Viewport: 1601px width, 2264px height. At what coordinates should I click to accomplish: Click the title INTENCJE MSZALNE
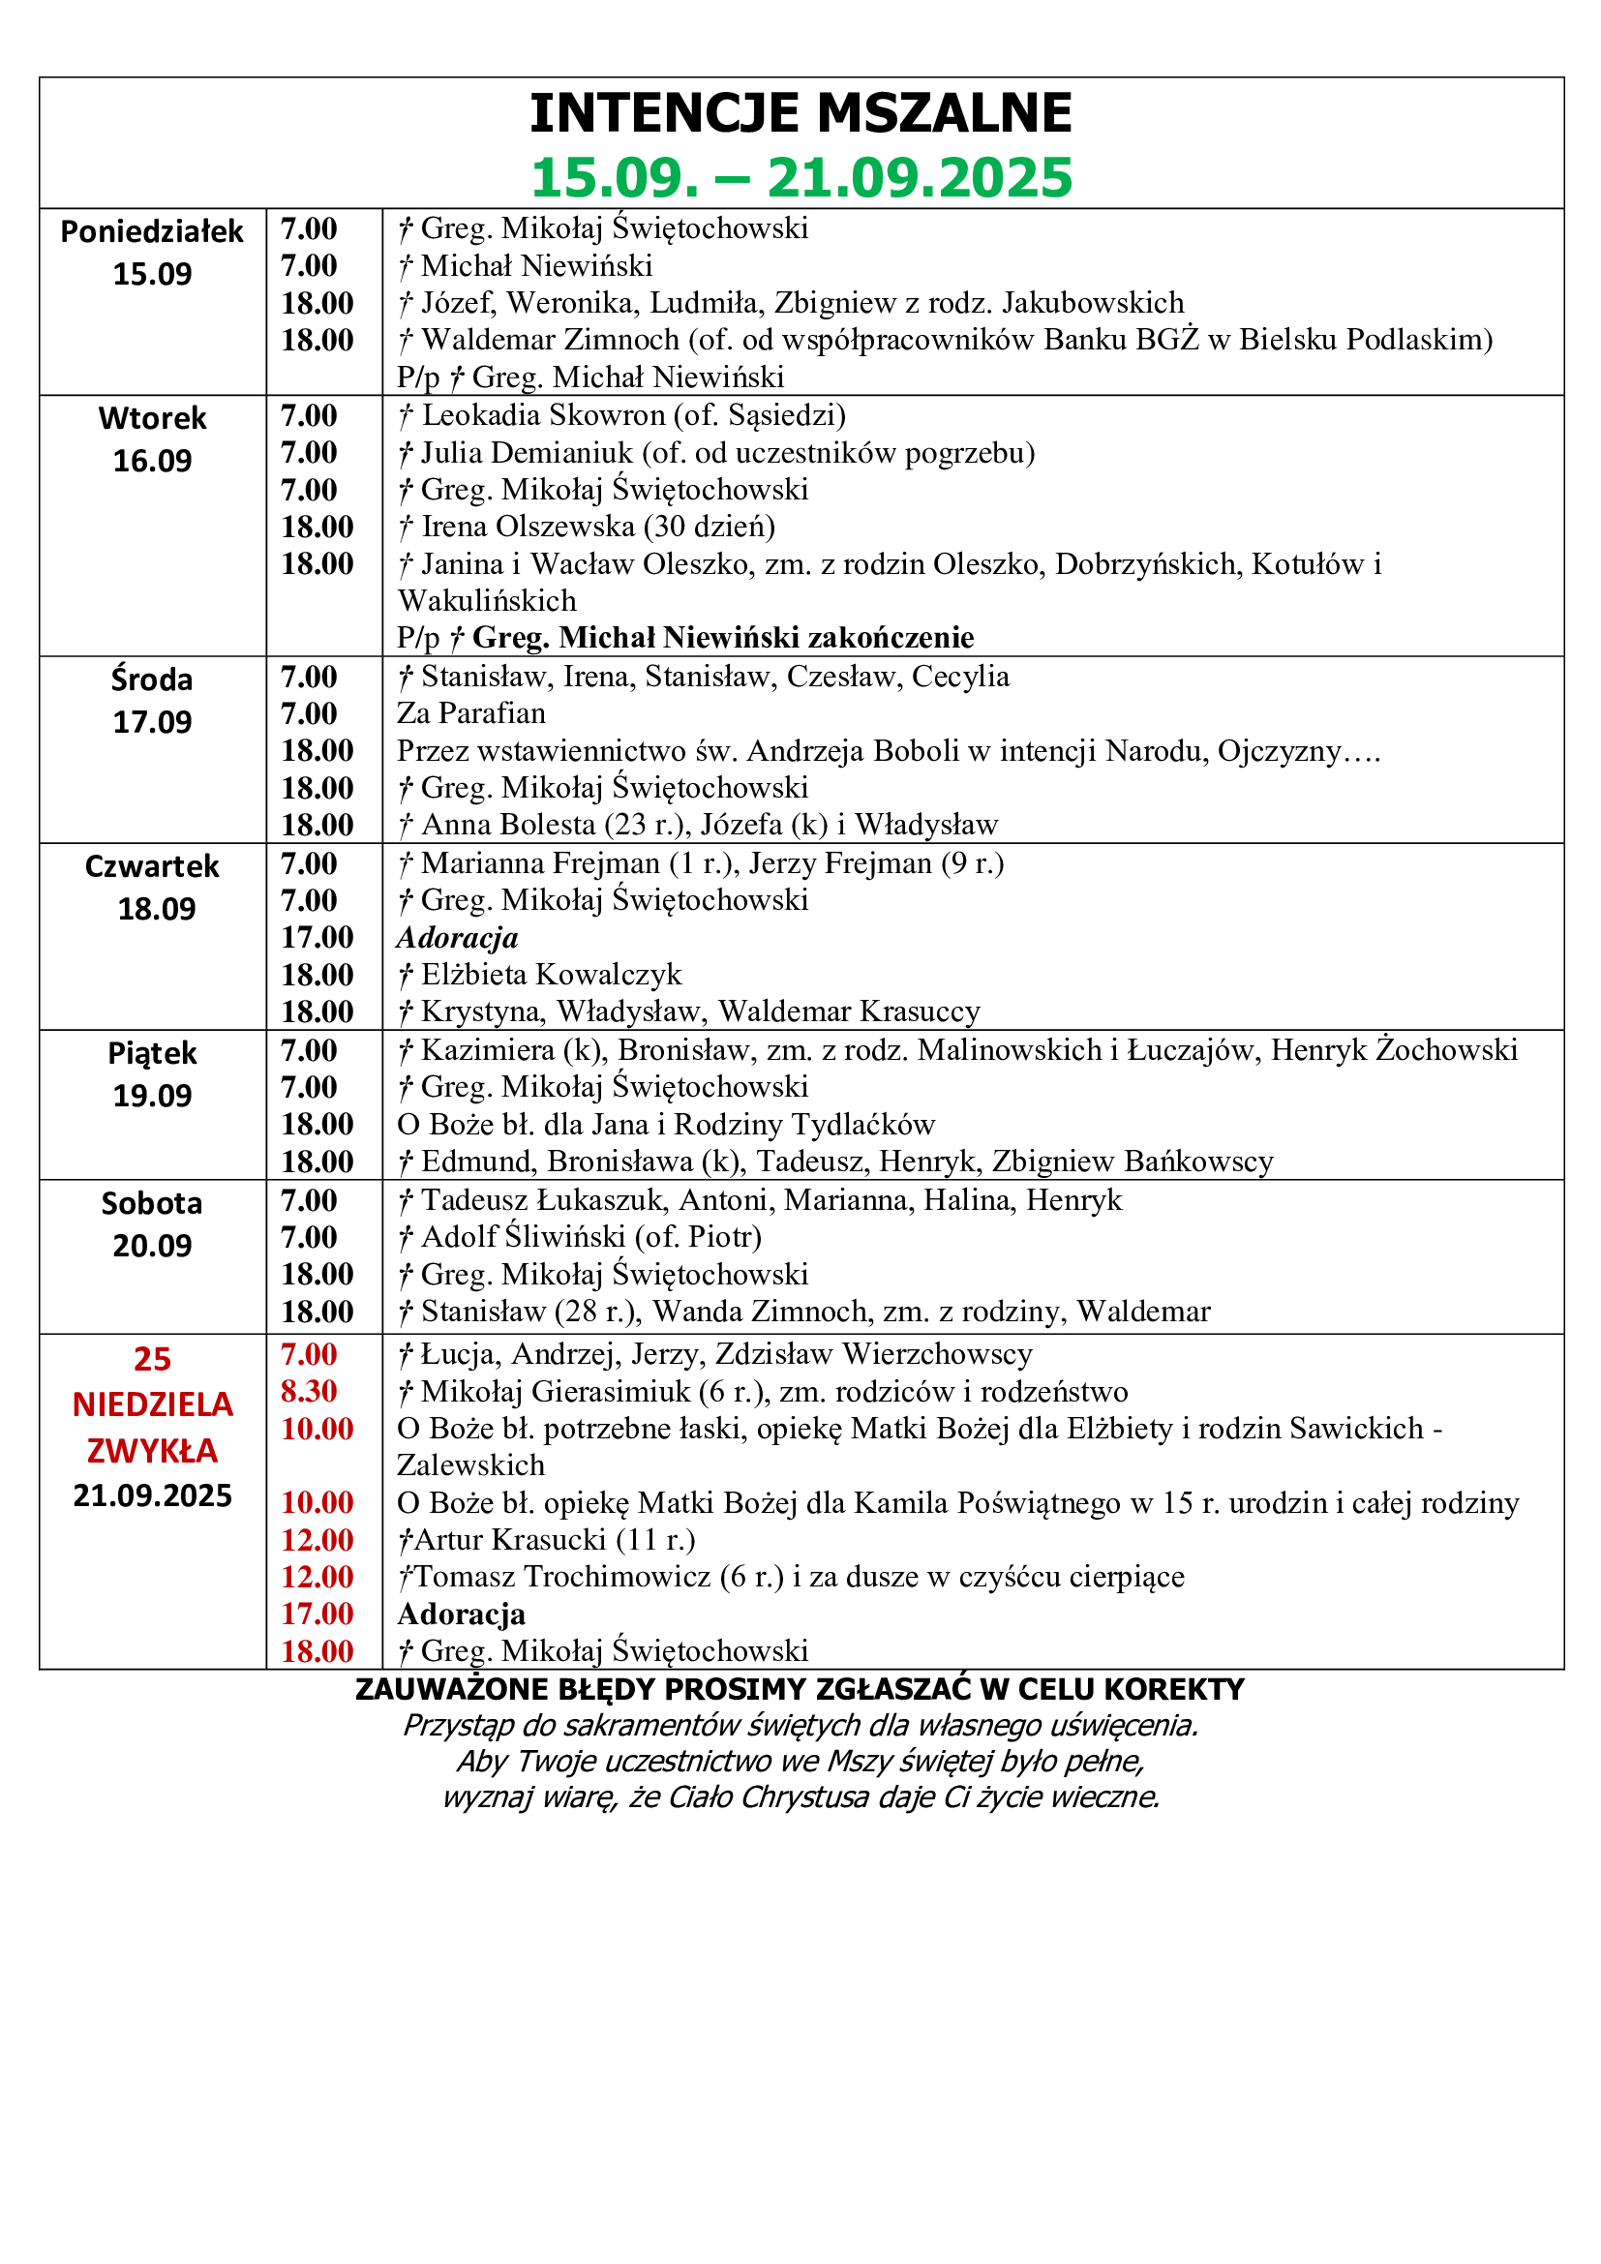click(800, 113)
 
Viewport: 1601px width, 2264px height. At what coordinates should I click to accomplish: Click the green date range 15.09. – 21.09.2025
click(800, 178)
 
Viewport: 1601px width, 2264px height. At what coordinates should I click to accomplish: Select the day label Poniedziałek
click(152, 231)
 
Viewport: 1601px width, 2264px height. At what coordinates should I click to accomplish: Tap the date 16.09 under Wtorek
click(152, 461)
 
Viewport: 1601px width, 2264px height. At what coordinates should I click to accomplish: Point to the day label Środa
click(152, 679)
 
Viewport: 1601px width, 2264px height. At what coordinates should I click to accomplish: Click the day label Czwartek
click(152, 865)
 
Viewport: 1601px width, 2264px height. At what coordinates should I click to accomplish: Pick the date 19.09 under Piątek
click(152, 1096)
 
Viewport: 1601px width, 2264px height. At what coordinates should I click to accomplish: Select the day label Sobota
click(152, 1203)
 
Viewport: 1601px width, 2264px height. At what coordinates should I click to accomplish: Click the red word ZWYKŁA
click(152, 1451)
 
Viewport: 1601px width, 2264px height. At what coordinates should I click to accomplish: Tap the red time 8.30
click(309, 1391)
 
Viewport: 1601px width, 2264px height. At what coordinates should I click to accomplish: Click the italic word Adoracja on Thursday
click(458, 938)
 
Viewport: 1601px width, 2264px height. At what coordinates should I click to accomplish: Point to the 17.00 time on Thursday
click(317, 938)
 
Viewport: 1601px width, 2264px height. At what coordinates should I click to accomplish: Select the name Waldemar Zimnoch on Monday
click(550, 340)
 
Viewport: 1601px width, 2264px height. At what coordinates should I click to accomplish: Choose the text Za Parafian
click(470, 713)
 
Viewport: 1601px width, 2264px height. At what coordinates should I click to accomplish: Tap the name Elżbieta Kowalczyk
click(551, 976)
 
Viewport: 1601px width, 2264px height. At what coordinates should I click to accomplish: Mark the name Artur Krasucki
click(510, 1540)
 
